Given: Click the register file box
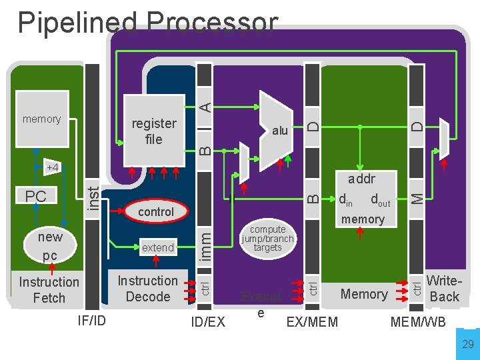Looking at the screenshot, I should (154, 131).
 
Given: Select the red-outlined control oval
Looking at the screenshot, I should (156, 211).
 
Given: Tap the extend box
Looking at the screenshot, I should (158, 247).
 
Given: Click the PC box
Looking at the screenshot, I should (36, 197).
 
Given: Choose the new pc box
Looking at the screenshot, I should (50, 246).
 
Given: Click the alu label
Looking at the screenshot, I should (280, 131).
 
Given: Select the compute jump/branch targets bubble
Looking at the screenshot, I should (267, 239).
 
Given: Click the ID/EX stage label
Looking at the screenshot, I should (207, 323).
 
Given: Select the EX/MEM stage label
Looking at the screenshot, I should (312, 323).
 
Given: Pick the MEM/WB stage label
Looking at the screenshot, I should (418, 323).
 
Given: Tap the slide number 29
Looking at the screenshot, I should (468, 344).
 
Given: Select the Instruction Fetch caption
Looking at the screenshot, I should (49, 289).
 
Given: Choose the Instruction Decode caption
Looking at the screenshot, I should (147, 289).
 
